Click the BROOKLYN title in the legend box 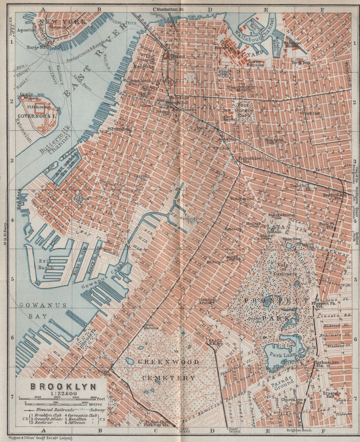pos(63,387)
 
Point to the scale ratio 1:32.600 pos(63,394)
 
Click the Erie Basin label pos(35,264)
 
